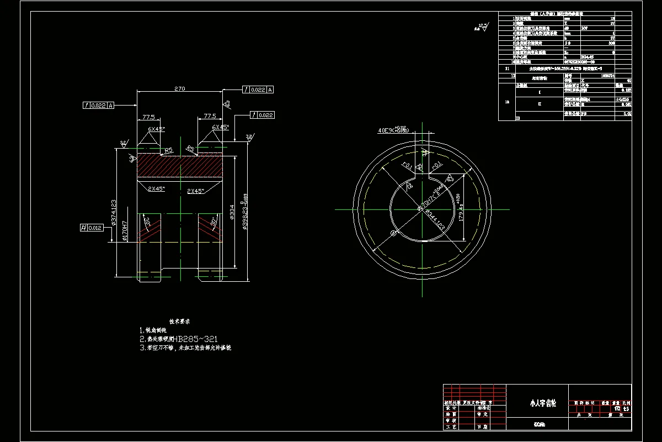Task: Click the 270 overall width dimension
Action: point(179,88)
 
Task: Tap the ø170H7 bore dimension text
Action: point(125,231)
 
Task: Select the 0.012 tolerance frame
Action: point(91,227)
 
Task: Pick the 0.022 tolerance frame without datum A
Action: point(262,115)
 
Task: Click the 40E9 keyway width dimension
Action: point(392,130)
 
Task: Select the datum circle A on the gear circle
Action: point(393,233)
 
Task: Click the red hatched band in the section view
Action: point(179,165)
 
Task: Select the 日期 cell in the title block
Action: point(482,427)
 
